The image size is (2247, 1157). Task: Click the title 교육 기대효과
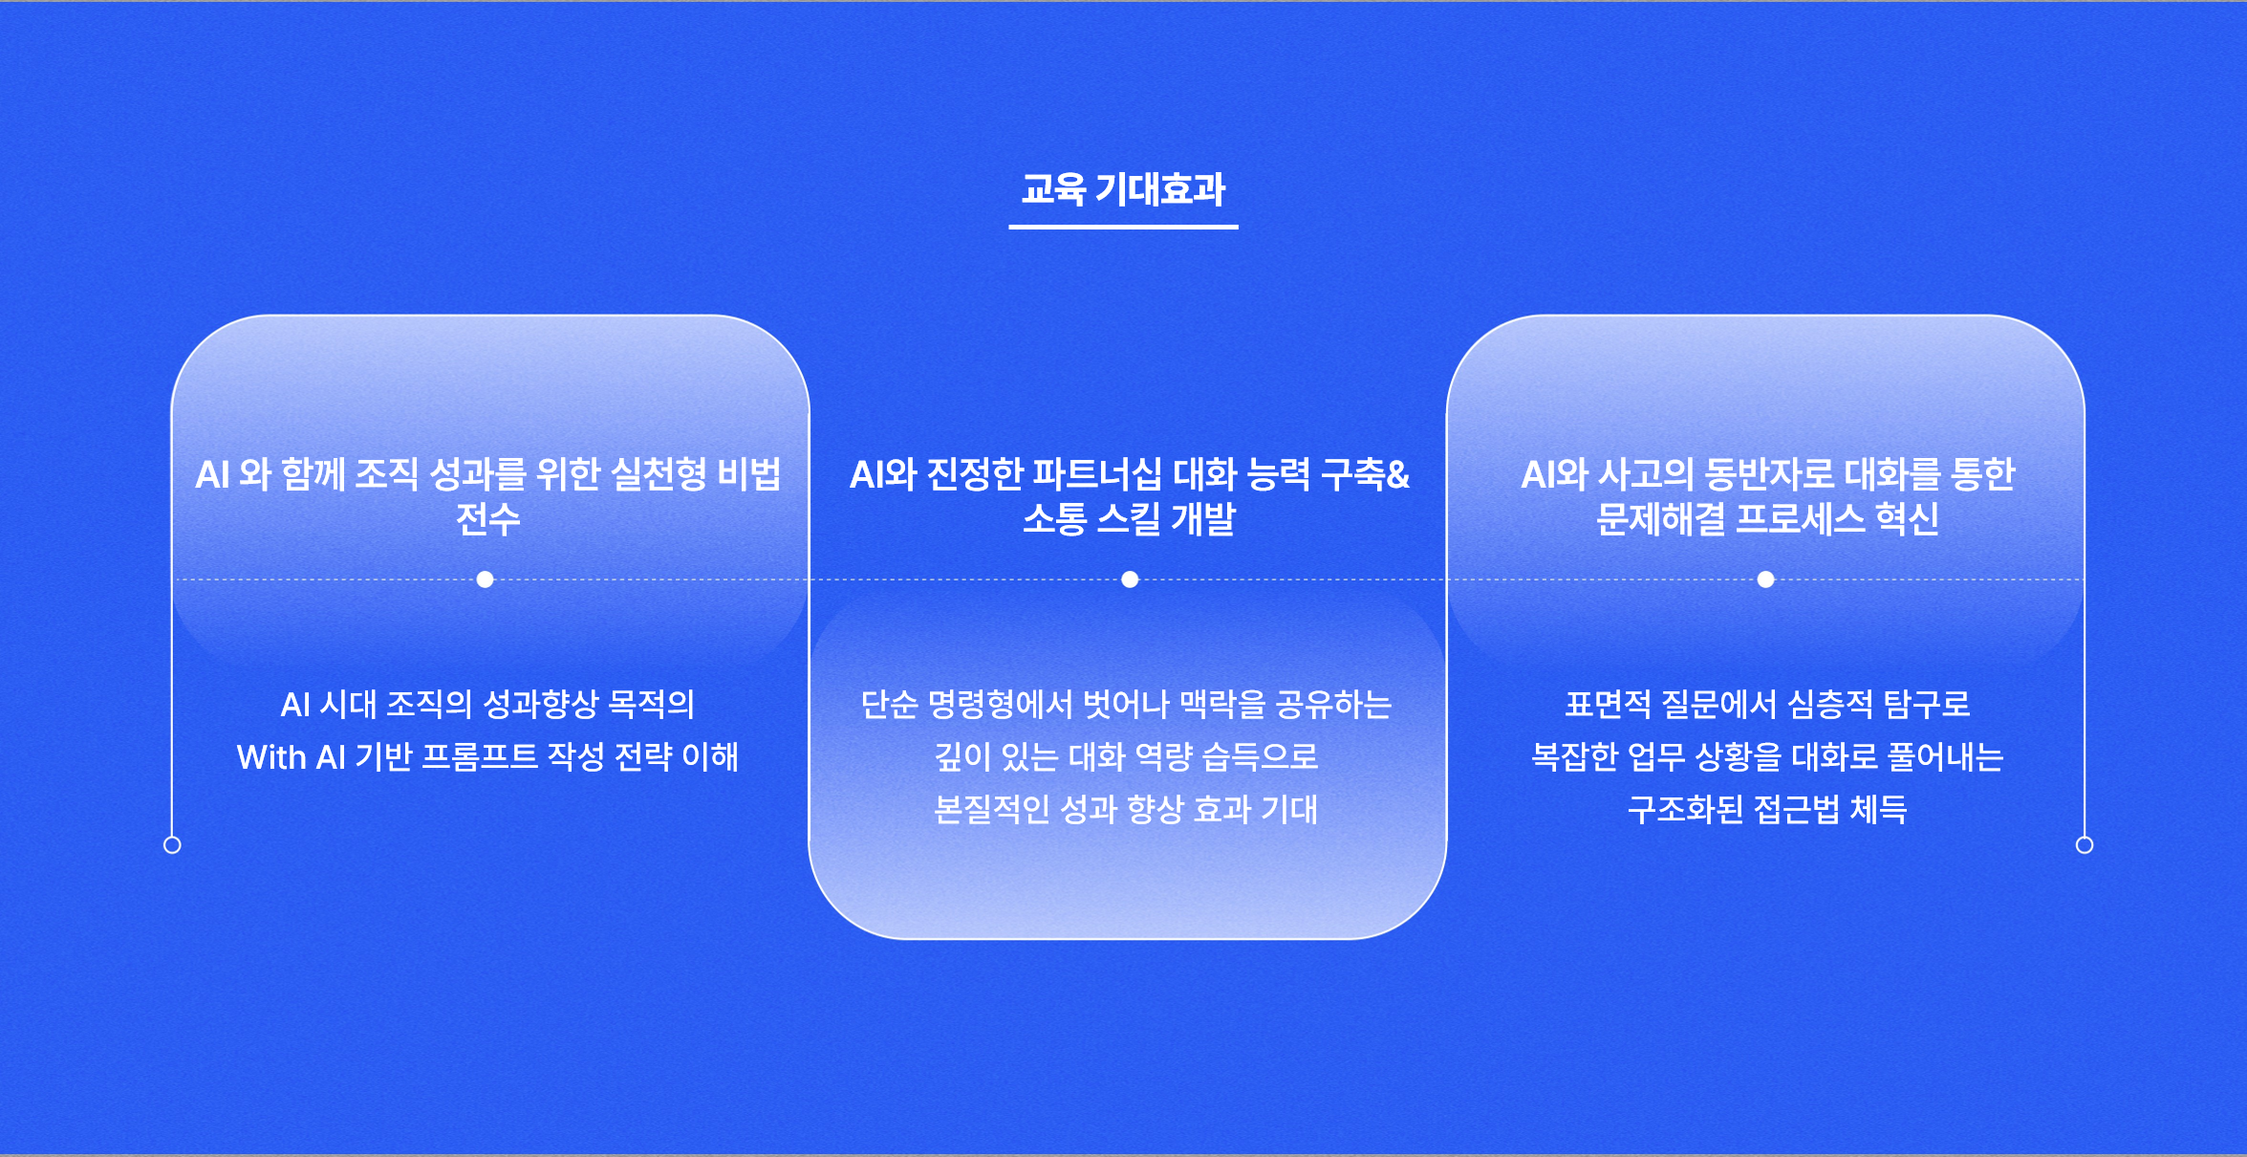tap(1123, 189)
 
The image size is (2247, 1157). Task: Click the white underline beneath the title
tap(1123, 227)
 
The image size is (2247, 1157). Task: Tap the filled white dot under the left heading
tap(486, 579)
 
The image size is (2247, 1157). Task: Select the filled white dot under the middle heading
tap(1130, 579)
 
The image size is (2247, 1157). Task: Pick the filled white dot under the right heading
tap(1766, 579)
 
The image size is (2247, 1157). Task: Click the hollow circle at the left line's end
tap(172, 845)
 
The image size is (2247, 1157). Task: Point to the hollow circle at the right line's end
tap(2085, 845)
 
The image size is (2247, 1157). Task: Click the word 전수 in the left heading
tap(488, 519)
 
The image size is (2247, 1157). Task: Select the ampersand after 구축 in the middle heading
tap(1397, 474)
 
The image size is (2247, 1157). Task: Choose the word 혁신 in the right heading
tap(1907, 519)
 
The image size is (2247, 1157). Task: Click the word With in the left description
tap(271, 757)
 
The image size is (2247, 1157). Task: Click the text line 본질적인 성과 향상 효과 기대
tap(1126, 810)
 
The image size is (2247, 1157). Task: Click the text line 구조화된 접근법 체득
tap(1767, 810)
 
